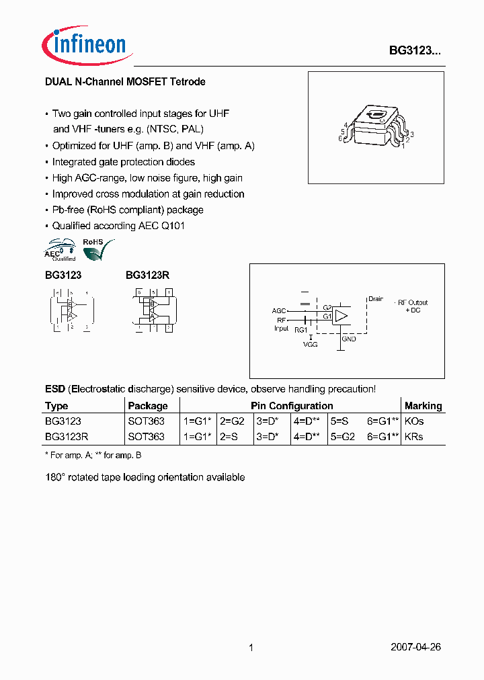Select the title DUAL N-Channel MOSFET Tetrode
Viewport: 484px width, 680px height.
coord(125,82)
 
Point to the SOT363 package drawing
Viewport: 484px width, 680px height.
coord(376,128)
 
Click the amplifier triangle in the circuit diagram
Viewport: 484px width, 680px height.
coord(342,314)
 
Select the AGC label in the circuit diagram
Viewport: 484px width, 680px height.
coord(279,311)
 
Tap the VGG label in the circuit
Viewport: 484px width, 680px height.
coord(310,344)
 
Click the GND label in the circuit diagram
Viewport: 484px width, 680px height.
coord(349,339)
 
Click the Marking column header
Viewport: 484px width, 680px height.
coord(423,406)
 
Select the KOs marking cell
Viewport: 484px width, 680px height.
coord(415,421)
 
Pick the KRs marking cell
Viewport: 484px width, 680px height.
coord(415,437)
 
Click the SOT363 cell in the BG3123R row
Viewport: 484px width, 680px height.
coord(146,437)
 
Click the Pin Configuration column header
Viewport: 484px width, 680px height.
coord(292,406)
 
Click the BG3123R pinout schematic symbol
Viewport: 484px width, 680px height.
coord(153,309)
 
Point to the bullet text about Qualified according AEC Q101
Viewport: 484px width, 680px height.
coord(118,226)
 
